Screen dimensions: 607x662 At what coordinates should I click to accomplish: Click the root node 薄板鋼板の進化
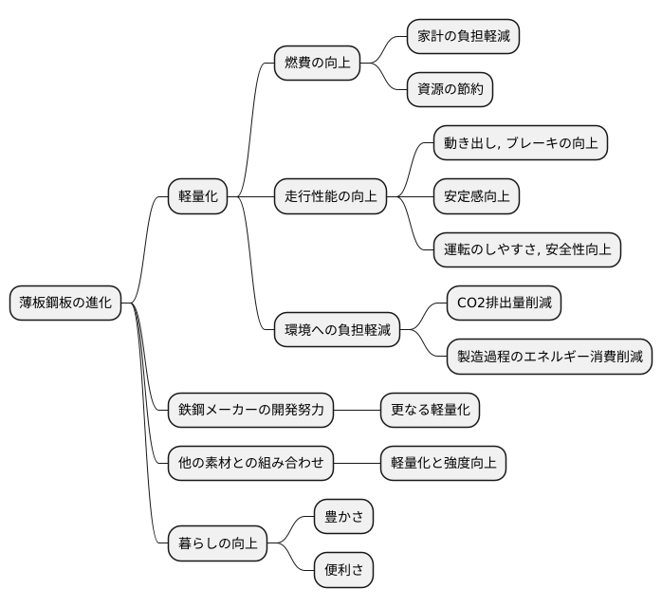tap(65, 303)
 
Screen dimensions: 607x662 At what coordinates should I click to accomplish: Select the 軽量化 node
tap(198, 196)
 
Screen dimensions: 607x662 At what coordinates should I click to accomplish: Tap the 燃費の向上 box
tap(317, 64)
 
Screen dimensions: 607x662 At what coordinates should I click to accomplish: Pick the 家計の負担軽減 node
tap(463, 37)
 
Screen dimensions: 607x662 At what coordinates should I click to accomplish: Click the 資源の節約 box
tap(450, 90)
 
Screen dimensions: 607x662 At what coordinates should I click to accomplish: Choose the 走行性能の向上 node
tap(330, 196)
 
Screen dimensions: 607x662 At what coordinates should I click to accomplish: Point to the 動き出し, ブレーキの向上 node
tap(520, 143)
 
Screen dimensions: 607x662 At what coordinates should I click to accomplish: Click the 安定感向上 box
tap(476, 196)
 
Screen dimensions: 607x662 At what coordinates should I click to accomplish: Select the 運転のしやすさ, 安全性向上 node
tap(526, 249)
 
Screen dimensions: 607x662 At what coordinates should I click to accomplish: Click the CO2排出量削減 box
tap(503, 303)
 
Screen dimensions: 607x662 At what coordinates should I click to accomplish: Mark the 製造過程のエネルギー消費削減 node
tap(549, 357)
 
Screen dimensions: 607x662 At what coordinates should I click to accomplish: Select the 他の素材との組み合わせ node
tap(250, 464)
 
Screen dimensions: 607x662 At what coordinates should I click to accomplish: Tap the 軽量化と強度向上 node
tap(443, 464)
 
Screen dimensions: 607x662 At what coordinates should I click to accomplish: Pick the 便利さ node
tap(343, 570)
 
